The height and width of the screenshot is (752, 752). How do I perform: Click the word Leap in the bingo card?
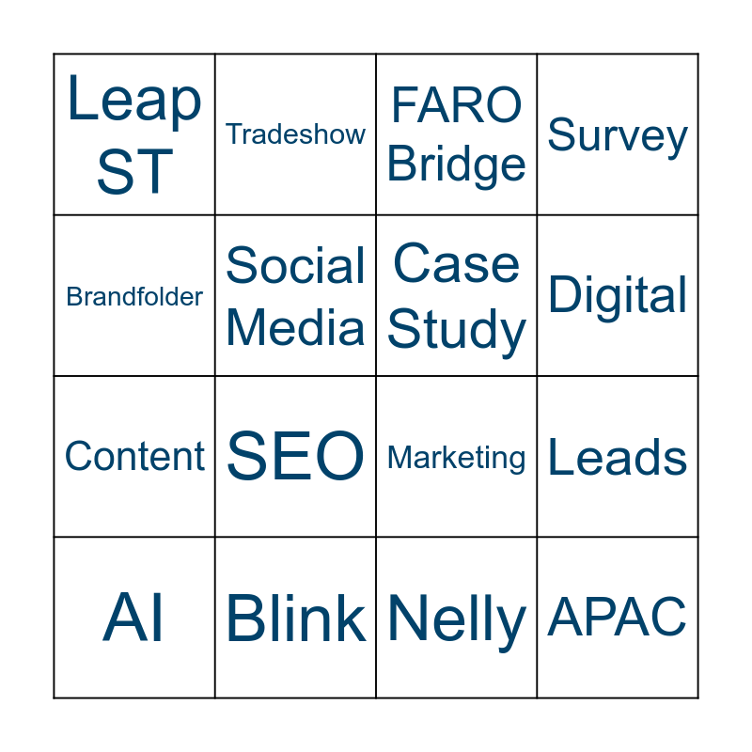(134, 101)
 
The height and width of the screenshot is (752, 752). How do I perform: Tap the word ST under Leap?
(134, 171)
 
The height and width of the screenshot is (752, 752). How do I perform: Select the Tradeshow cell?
(295, 134)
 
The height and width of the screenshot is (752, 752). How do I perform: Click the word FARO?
(457, 104)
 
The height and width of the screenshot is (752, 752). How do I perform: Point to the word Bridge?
(457, 164)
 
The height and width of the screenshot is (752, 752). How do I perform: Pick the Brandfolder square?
(134, 296)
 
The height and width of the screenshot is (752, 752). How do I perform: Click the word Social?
(295, 266)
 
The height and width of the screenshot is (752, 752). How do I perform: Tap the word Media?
(295, 327)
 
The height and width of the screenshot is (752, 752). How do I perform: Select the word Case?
(457, 264)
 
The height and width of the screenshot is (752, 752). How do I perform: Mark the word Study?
(457, 330)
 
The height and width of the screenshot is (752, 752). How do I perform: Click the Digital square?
(618, 296)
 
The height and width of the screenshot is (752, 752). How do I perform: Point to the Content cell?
(134, 457)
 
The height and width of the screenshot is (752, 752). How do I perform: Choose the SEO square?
(295, 457)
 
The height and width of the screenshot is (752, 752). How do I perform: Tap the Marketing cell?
(457, 458)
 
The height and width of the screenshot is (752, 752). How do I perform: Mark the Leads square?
(618, 458)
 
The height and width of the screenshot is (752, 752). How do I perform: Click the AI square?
(134, 619)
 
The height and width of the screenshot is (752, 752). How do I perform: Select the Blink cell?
(295, 619)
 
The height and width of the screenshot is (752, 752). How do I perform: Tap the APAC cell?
(618, 618)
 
